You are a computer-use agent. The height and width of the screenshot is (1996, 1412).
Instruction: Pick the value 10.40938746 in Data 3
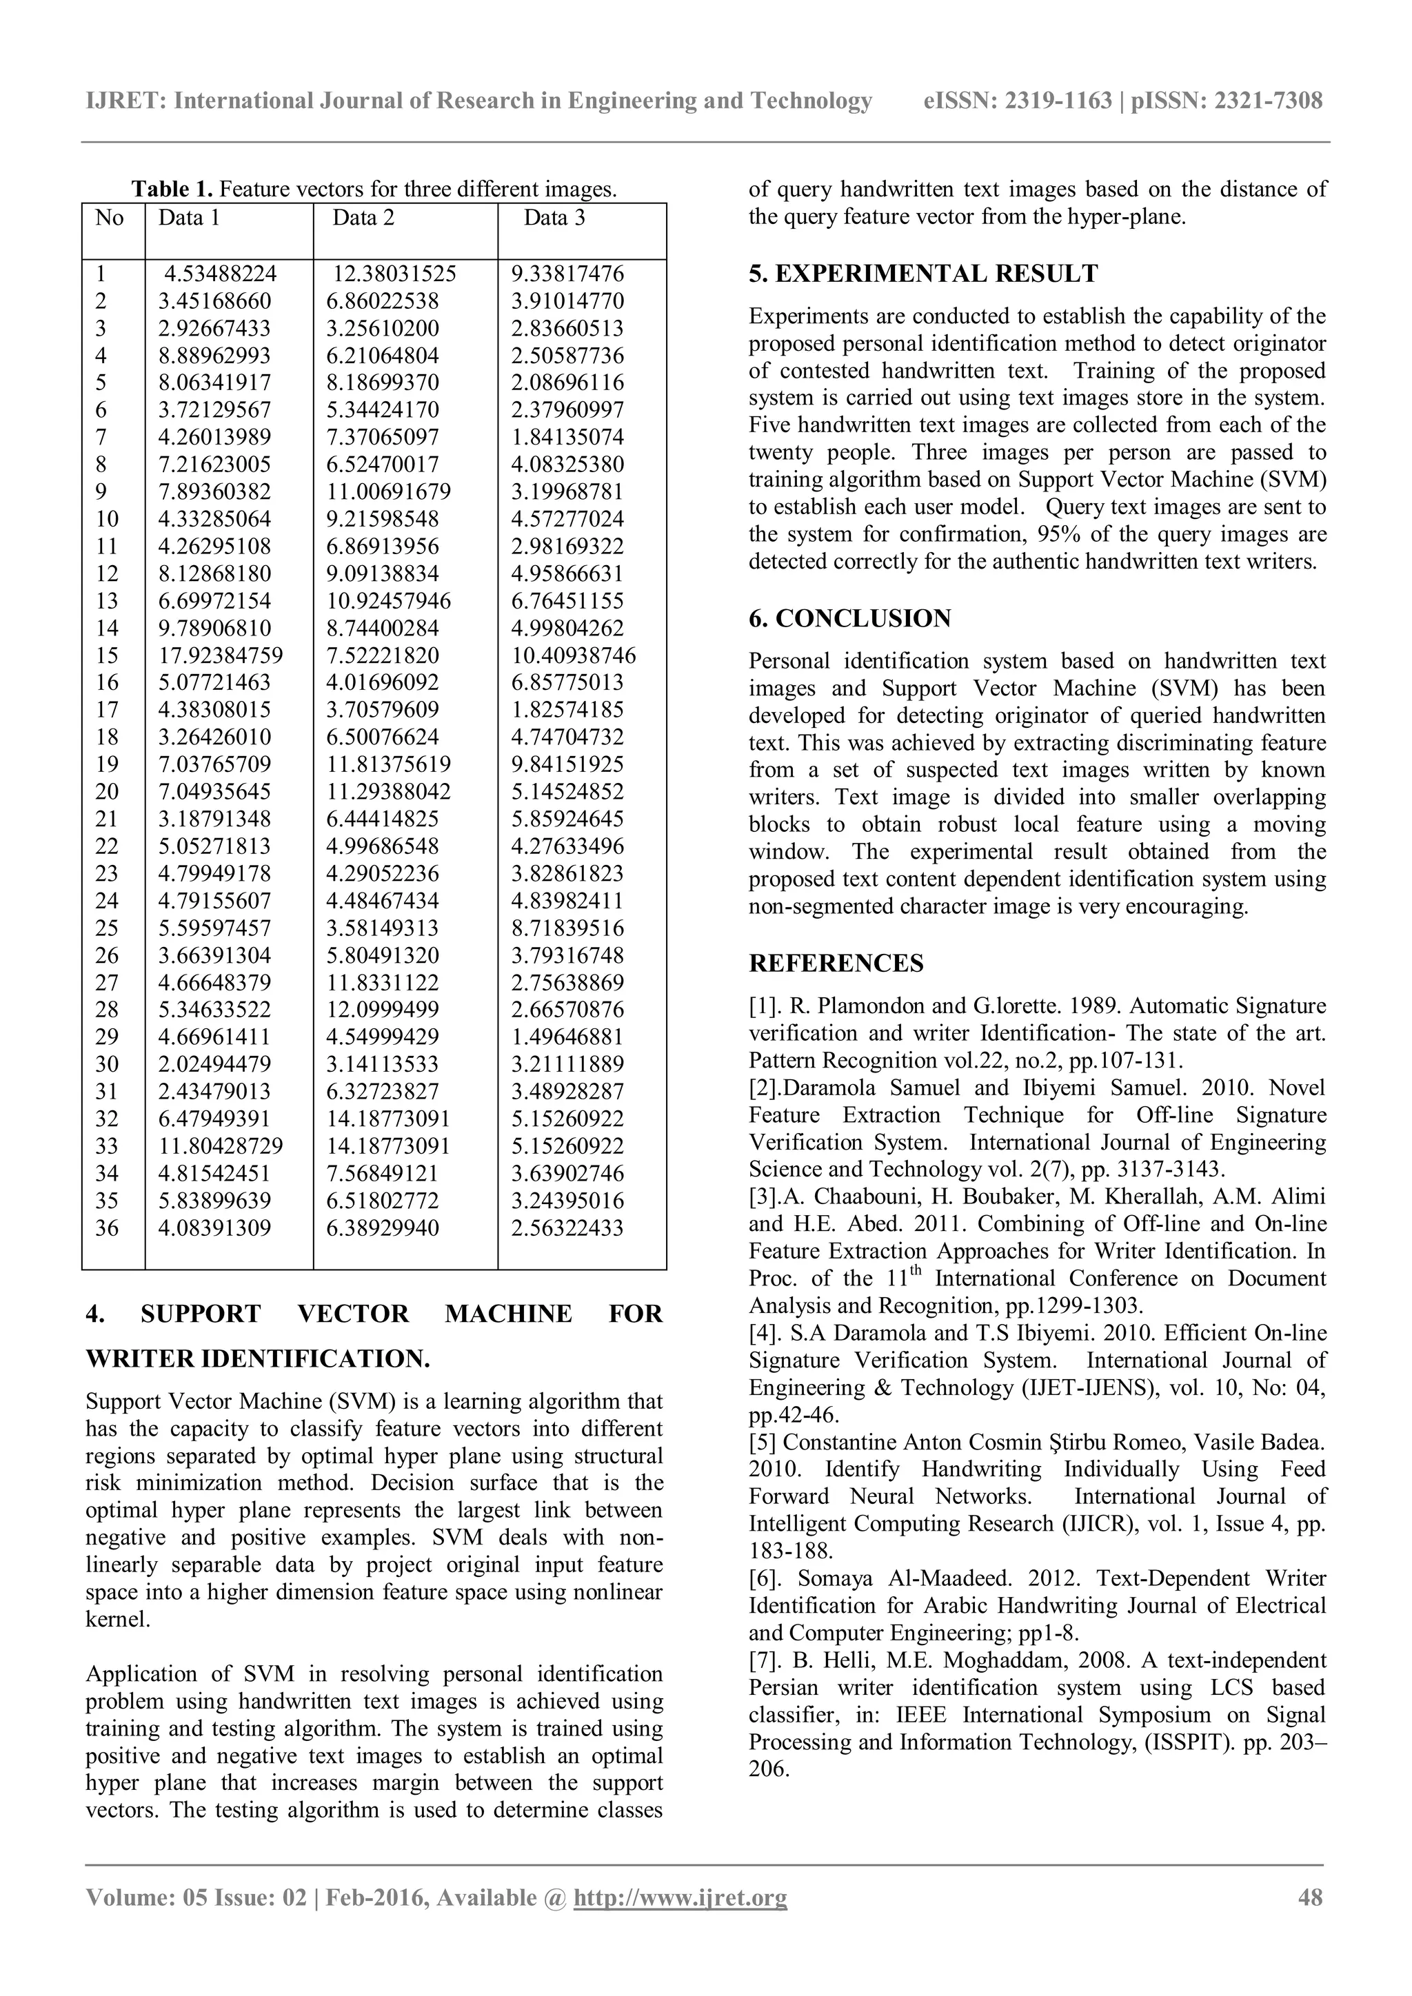point(573,655)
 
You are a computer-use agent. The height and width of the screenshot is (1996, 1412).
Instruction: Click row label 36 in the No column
point(106,1228)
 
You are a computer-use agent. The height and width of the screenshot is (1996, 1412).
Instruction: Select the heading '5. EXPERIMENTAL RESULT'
point(922,274)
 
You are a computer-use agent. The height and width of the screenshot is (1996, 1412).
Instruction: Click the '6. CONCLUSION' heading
point(849,618)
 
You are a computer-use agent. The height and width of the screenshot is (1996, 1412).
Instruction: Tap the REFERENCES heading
point(836,964)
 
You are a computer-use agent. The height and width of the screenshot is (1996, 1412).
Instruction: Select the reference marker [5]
point(763,1443)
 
